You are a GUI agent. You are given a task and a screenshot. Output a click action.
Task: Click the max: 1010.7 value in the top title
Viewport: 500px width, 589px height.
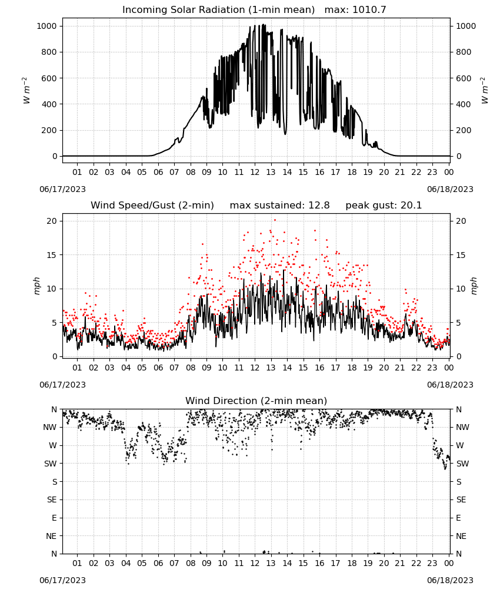point(355,10)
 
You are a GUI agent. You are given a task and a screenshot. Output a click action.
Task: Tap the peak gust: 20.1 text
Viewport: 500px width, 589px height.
point(384,206)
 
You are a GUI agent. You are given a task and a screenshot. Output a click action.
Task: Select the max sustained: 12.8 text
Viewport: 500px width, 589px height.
point(279,206)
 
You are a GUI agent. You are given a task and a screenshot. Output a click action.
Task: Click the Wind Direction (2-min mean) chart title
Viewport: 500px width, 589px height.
point(256,401)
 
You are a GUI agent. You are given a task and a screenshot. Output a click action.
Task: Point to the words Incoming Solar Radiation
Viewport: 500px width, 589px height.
point(184,10)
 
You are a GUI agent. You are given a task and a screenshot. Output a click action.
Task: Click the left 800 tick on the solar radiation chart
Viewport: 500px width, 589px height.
point(49,52)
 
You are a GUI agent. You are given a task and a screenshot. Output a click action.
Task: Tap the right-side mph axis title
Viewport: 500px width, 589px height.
point(474,286)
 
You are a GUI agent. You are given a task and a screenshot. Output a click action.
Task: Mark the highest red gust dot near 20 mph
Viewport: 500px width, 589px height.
point(275,220)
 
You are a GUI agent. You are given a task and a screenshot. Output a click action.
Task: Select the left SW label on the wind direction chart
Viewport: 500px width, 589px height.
point(51,464)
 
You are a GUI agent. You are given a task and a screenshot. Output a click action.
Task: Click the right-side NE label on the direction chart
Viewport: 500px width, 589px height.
point(461,536)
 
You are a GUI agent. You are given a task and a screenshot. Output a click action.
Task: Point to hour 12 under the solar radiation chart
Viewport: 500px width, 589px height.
point(255,172)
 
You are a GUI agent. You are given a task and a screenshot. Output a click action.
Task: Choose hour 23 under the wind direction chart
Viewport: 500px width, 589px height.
point(432,563)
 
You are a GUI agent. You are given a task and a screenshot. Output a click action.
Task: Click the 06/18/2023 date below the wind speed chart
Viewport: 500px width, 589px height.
point(450,385)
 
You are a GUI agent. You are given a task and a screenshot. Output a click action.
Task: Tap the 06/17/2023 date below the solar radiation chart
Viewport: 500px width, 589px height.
point(62,189)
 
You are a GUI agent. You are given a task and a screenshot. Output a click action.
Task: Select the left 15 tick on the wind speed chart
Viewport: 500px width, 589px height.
point(52,255)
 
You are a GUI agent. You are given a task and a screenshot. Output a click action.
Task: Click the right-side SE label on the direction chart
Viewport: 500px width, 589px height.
point(461,499)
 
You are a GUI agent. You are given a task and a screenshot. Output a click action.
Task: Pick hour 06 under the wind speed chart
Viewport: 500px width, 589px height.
point(158,368)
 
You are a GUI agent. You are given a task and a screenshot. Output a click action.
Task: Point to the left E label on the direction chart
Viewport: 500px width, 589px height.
point(54,518)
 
